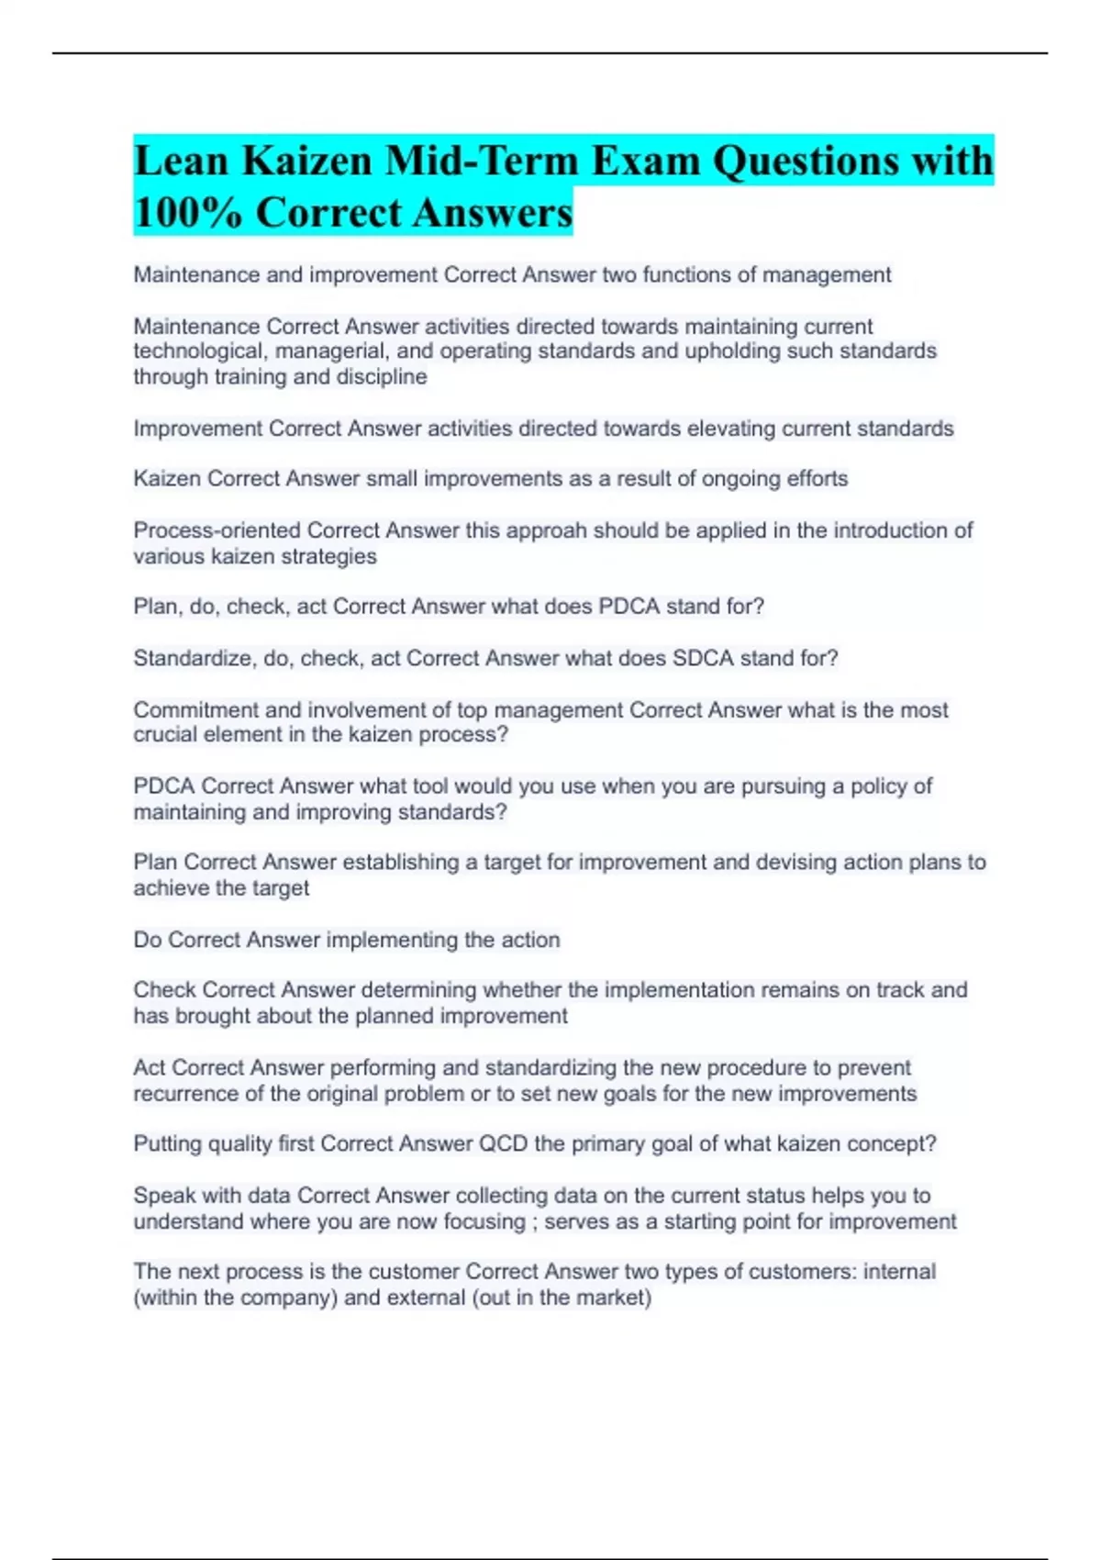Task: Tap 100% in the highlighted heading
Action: [x=187, y=213]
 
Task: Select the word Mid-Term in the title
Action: [x=481, y=161]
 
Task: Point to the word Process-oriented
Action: [x=217, y=530]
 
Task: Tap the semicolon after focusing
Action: [x=534, y=1222]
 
